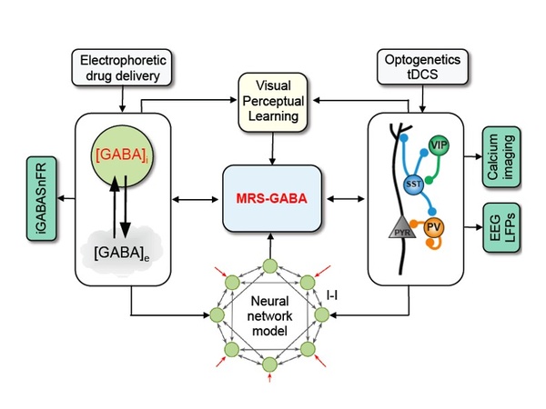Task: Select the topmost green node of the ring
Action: click(x=269, y=266)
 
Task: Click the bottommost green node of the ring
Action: click(x=269, y=364)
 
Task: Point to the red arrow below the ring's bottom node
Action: click(x=269, y=383)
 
